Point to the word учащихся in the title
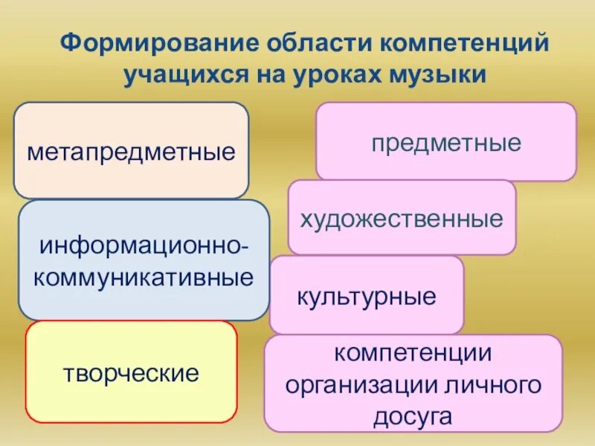coord(191,74)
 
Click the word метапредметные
coord(131,153)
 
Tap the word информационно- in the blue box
coord(144,246)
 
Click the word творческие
coord(131,372)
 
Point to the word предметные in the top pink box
coord(446,143)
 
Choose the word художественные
coord(402,219)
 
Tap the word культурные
coord(367,297)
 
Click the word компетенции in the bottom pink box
coord(413,354)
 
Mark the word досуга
coord(413,417)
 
